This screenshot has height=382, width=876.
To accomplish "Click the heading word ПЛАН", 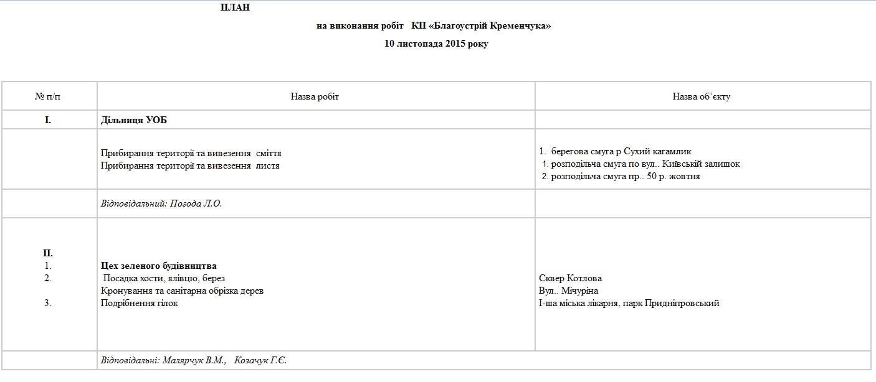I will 235,7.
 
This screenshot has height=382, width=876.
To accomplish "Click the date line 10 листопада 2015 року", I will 436,44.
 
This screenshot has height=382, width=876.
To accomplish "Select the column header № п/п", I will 48,96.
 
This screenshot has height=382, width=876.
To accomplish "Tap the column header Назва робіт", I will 315,96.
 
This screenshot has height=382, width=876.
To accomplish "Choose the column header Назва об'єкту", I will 702,96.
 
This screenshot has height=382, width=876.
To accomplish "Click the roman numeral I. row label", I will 48,120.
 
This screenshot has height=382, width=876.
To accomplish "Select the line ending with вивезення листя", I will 190,165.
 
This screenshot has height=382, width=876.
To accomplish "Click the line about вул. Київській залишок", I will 642,164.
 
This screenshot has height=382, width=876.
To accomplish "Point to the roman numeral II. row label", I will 48,253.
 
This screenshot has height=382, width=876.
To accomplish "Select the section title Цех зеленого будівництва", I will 158,266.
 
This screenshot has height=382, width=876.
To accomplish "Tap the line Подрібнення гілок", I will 140,303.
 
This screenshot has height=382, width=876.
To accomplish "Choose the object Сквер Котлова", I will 570,278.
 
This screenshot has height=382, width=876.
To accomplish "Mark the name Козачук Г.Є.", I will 260,360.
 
